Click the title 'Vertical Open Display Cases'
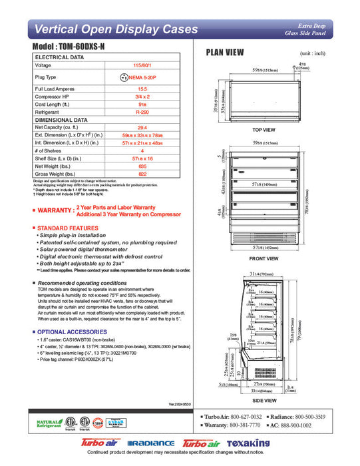116,29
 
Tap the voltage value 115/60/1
142,65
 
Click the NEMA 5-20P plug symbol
124,77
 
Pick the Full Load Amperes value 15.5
142,89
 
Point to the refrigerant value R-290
142,113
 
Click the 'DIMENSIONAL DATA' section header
59,120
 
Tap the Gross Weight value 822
142,174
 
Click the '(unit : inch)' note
312,53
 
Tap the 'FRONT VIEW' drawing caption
264,258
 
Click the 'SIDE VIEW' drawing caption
265,400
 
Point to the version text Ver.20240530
180,403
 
